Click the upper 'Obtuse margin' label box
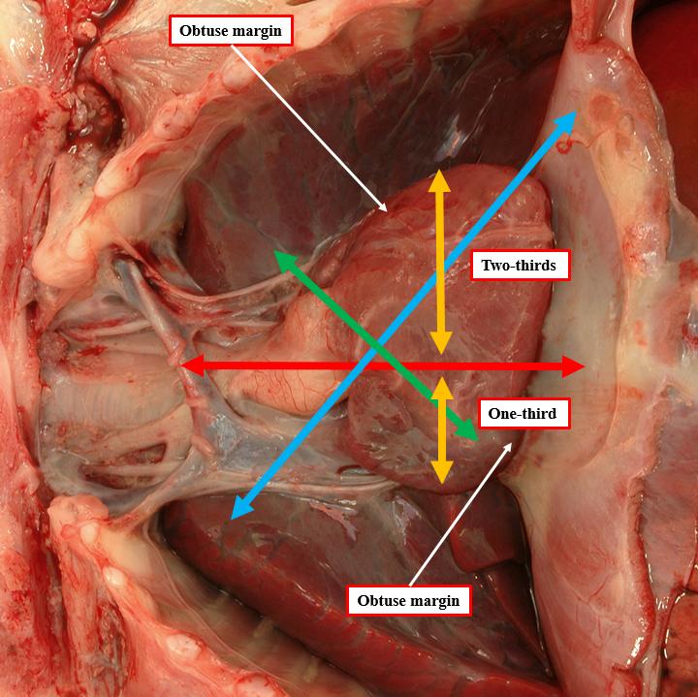231,31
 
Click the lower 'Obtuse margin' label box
409,600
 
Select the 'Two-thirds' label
520,266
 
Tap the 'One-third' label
523,414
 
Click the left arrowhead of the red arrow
193,365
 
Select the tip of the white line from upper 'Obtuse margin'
387,210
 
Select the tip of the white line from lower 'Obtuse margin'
512,444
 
